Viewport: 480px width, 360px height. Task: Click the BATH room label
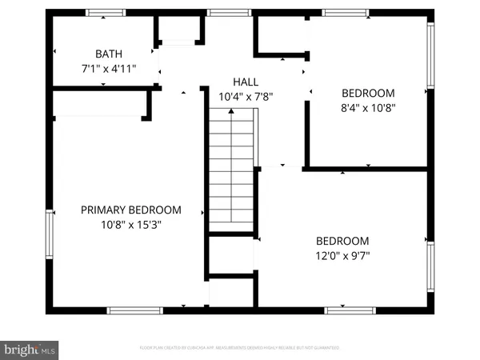(x=109, y=54)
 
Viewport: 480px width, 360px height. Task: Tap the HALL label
(x=246, y=82)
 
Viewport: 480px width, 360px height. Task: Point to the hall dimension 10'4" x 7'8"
(x=246, y=97)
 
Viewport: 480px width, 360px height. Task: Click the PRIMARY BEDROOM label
(x=131, y=210)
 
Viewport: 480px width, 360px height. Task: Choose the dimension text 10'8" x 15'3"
(x=131, y=225)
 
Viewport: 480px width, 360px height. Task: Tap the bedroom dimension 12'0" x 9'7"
(x=342, y=256)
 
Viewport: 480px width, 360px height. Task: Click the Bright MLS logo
(x=30, y=348)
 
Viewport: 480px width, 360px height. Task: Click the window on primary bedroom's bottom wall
(x=130, y=310)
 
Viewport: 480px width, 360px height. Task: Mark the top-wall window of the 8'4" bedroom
(x=346, y=12)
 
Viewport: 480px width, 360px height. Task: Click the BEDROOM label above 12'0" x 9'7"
(x=342, y=241)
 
